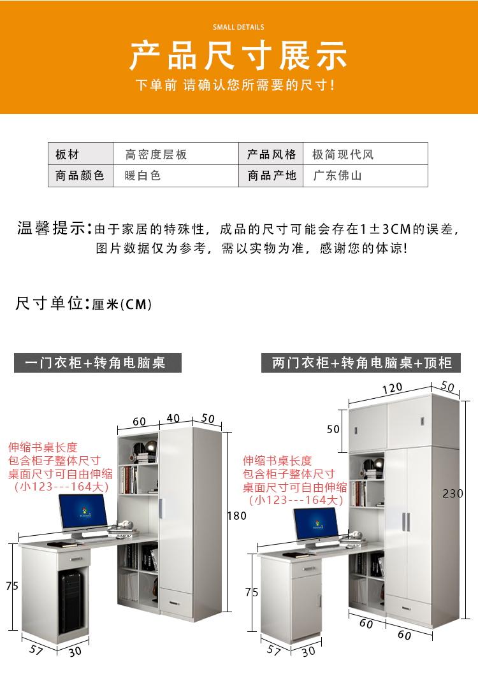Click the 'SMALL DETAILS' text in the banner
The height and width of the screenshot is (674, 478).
click(x=238, y=27)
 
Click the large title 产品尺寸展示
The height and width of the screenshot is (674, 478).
click(x=238, y=55)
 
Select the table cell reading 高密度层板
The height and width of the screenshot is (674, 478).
click(x=156, y=154)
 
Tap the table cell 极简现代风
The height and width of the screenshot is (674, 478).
click(x=343, y=154)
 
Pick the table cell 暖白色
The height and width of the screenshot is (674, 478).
click(x=143, y=175)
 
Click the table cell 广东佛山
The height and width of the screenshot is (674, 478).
click(x=337, y=175)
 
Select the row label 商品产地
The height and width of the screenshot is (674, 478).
click(x=272, y=175)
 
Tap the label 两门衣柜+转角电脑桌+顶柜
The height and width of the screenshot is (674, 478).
click(x=361, y=362)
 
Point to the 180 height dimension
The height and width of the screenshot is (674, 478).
click(x=237, y=515)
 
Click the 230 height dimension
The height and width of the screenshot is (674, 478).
click(x=453, y=494)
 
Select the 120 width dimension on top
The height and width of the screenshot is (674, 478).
click(x=393, y=388)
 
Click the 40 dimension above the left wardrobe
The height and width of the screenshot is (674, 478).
click(x=173, y=418)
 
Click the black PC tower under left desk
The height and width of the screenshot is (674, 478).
click(x=72, y=602)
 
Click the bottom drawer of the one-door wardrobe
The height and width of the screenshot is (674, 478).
click(x=177, y=602)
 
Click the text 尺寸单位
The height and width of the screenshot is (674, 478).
click(x=50, y=303)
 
